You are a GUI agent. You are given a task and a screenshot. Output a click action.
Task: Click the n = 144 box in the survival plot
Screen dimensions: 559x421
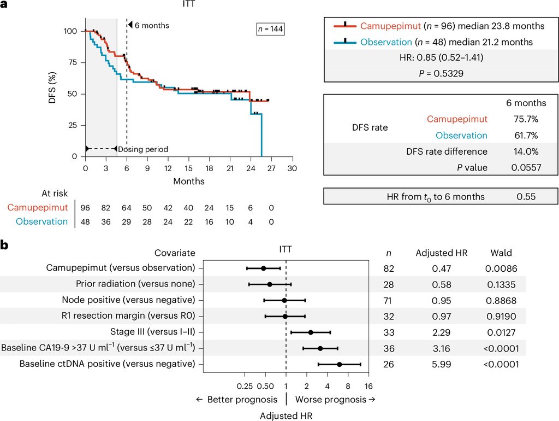(x=270, y=29)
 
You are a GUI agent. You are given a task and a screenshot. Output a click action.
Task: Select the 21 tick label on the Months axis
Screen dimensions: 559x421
(x=230, y=168)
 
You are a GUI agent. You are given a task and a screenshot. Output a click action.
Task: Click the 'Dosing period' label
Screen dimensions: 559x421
(x=143, y=149)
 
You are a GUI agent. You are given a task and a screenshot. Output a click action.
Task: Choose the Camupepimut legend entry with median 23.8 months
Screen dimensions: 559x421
(x=439, y=26)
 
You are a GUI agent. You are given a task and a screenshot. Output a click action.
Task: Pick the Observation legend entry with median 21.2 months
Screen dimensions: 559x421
(x=433, y=42)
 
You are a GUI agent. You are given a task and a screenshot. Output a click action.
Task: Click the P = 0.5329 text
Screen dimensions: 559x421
(x=441, y=74)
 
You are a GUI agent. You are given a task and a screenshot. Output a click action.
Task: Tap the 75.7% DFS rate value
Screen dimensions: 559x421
(x=526, y=119)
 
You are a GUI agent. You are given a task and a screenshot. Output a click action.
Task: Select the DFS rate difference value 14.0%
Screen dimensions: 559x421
(x=526, y=151)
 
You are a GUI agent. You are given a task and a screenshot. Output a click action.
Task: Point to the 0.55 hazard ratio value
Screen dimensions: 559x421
(x=526, y=197)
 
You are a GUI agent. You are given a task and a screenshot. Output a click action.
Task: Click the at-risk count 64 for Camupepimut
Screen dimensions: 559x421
(x=126, y=208)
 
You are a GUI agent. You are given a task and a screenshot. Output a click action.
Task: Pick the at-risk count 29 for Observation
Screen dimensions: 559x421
(x=126, y=222)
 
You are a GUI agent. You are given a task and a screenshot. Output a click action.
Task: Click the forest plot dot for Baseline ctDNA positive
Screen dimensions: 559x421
(x=340, y=364)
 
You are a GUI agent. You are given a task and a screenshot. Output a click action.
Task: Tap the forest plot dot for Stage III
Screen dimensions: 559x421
(x=311, y=332)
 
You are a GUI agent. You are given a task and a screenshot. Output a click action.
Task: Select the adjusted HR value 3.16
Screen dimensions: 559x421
(x=441, y=348)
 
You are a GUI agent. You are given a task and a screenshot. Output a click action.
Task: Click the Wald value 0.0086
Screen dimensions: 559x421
(x=501, y=268)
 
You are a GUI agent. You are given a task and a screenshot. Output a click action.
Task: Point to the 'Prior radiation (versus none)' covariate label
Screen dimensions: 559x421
(x=135, y=284)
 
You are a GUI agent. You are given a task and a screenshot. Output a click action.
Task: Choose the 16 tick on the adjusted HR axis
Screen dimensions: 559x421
(x=368, y=386)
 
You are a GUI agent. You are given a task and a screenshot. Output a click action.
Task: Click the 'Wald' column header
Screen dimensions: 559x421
(x=501, y=253)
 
